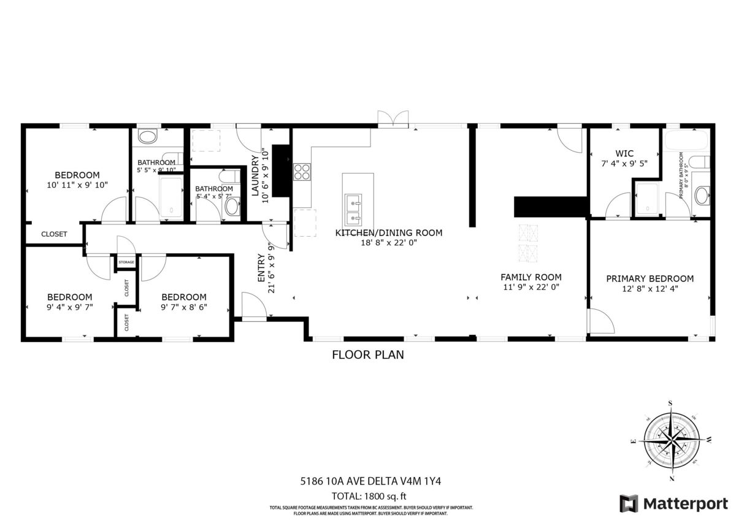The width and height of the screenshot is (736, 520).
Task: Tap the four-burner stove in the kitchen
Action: tap(302, 171)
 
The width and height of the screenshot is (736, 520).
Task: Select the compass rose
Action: tap(672, 440)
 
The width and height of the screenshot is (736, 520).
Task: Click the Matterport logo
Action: tap(673, 503)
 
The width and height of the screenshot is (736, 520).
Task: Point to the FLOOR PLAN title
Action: tap(368, 354)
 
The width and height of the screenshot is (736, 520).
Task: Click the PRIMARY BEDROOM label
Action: tap(650, 278)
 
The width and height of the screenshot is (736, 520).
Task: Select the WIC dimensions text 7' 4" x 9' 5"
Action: tap(624, 164)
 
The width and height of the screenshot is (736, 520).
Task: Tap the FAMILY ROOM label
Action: tap(531, 277)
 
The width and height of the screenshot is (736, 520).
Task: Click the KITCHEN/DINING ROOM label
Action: tap(388, 232)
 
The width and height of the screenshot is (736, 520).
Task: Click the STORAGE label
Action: tap(126, 262)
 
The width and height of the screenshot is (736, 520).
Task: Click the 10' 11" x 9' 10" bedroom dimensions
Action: tap(77, 185)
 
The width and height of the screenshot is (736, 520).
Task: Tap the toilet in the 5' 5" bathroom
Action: tap(148, 136)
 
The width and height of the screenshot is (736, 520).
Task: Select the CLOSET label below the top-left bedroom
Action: tap(54, 234)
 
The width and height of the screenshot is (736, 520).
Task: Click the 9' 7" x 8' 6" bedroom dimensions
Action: tap(184, 307)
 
